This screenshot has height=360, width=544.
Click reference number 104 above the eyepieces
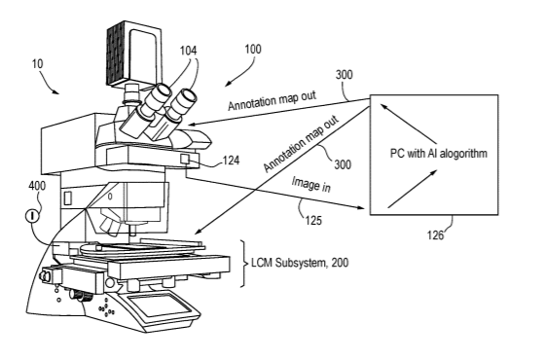tap(188, 51)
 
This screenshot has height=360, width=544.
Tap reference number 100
tap(253, 50)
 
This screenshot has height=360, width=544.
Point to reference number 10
tap(38, 64)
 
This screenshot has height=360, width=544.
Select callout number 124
tap(231, 161)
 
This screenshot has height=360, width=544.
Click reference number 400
tap(37, 186)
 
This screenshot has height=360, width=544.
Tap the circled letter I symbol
tap(32, 216)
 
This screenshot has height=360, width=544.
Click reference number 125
tap(313, 220)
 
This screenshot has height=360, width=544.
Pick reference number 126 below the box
tap(435, 235)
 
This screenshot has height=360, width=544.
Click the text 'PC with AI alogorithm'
tap(439, 154)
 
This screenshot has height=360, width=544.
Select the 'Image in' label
tap(310, 184)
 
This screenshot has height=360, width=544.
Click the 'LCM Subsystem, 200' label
tap(300, 263)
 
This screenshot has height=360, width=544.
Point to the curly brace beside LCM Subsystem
tap(245, 264)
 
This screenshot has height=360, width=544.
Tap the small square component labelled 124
tap(184, 160)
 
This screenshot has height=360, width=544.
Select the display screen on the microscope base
tap(159, 306)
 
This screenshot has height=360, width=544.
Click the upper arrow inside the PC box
tap(409, 124)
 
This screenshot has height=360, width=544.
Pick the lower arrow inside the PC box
tap(412, 189)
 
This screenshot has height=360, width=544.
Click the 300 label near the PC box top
tap(345, 75)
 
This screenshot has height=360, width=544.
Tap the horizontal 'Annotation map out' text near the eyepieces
tap(272, 100)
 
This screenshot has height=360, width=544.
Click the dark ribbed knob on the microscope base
tap(83, 297)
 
